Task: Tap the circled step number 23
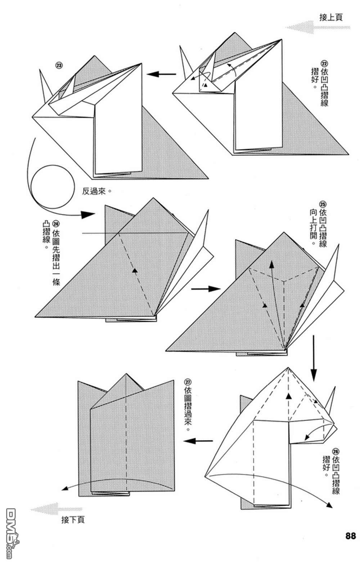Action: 58,65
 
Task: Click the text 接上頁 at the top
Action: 331,17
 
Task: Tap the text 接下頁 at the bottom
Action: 73,520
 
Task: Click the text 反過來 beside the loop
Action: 95,191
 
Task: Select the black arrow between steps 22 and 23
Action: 161,75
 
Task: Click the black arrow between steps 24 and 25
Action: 205,289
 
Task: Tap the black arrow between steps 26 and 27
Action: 199,441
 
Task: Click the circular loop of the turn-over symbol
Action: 53,187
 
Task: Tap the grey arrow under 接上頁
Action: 317,27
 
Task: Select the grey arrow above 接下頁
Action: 56,509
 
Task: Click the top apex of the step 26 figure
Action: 288,368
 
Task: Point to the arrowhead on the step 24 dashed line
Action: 135,270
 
